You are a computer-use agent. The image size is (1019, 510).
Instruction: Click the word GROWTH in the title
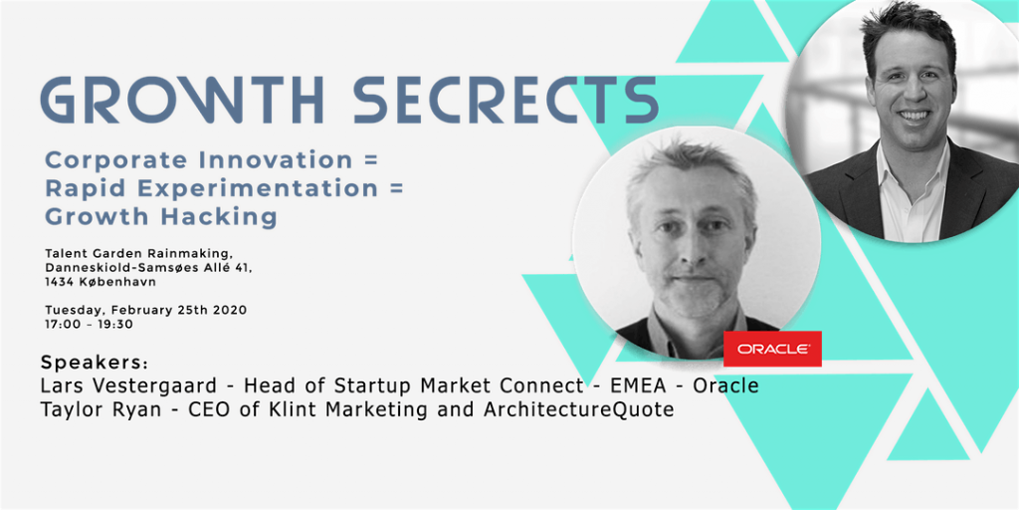click(181, 101)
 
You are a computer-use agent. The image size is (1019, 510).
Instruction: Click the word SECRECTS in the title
click(507, 101)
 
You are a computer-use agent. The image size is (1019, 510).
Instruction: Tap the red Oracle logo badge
click(772, 349)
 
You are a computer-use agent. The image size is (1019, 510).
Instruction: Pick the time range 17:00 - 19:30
click(89, 324)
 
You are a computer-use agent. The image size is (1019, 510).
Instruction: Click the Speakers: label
click(95, 363)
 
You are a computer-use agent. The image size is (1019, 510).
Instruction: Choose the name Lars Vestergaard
click(128, 385)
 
